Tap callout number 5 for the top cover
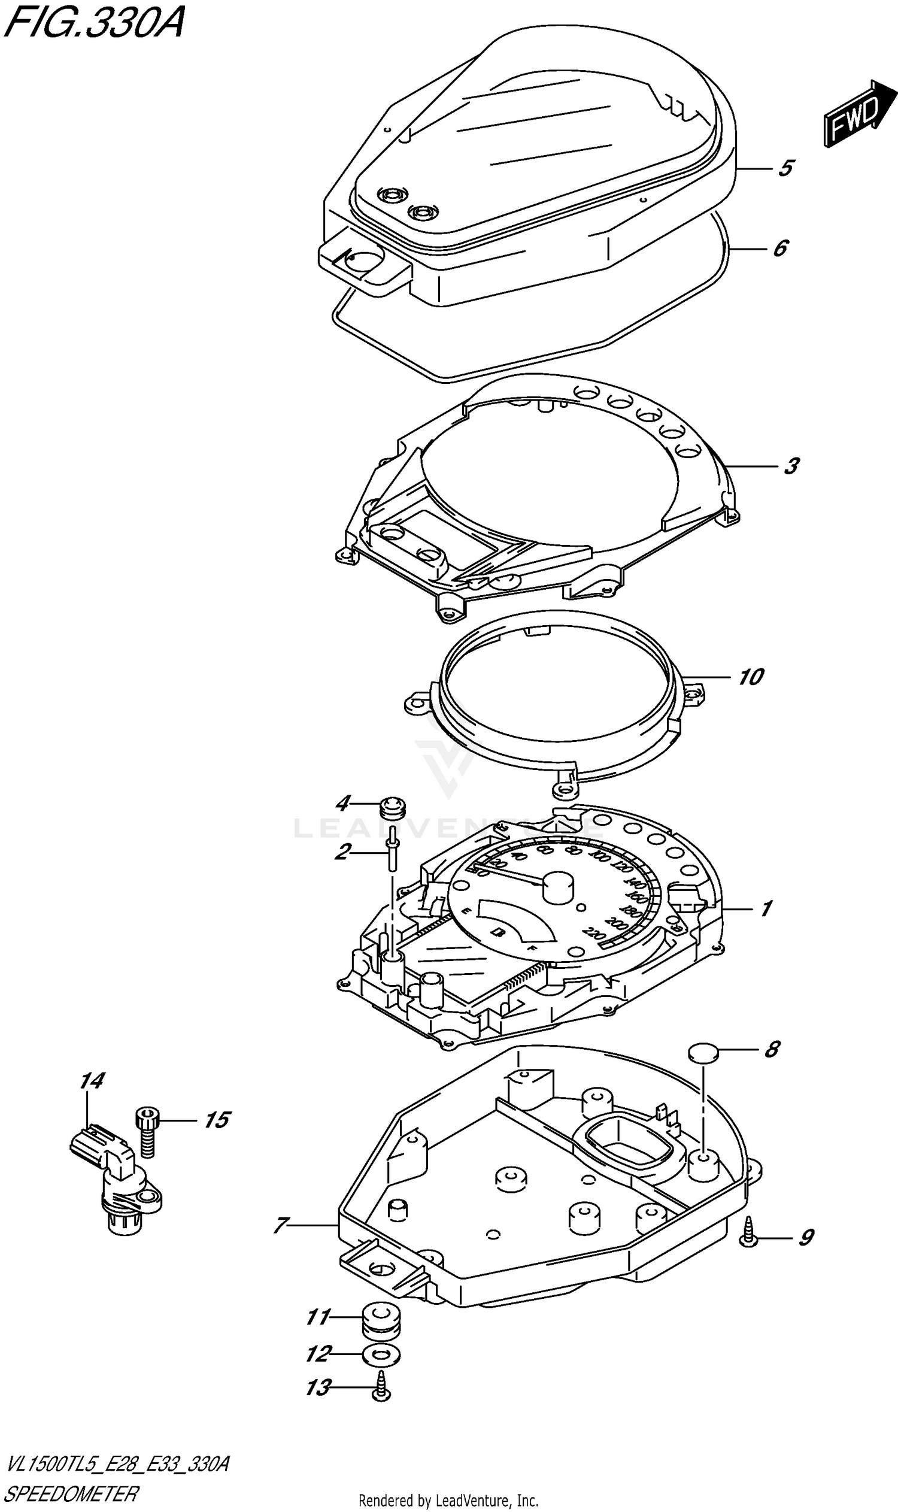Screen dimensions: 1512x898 [x=785, y=168]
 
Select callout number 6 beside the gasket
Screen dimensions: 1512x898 [x=781, y=247]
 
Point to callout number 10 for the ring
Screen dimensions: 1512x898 [x=751, y=677]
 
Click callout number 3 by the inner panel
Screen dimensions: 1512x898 [x=791, y=466]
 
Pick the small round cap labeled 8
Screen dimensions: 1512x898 [x=703, y=1052]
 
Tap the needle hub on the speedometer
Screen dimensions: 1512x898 [x=558, y=887]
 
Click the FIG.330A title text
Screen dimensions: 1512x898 [x=94, y=23]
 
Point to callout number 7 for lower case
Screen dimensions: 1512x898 [x=280, y=1225]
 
